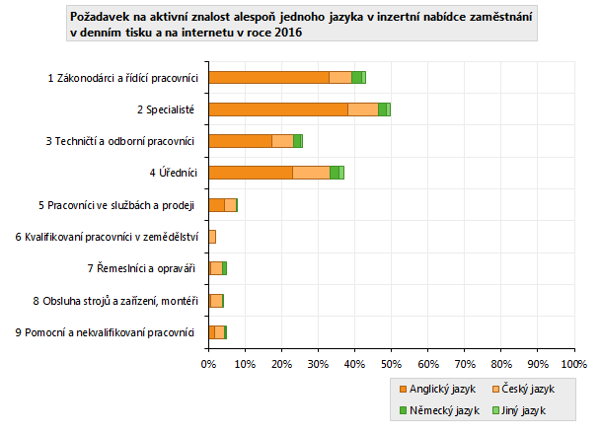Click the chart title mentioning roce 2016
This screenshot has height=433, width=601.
(301, 25)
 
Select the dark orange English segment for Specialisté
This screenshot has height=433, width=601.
(277, 108)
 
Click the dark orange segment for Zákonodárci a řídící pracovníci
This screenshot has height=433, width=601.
(268, 77)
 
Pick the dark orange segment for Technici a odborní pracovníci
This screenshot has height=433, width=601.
(240, 141)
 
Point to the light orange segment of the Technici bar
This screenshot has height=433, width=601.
(282, 141)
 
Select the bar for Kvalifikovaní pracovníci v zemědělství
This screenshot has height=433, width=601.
(212, 237)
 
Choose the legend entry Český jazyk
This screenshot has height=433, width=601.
(529, 389)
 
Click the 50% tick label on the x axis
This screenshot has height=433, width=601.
(391, 364)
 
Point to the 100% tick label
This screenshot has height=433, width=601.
(573, 364)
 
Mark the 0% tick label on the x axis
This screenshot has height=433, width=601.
(208, 364)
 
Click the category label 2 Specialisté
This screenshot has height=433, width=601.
(166, 108)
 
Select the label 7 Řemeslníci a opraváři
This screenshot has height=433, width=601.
(141, 268)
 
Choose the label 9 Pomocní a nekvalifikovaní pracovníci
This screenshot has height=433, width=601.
(105, 332)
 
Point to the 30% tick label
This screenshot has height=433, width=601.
(318, 364)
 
